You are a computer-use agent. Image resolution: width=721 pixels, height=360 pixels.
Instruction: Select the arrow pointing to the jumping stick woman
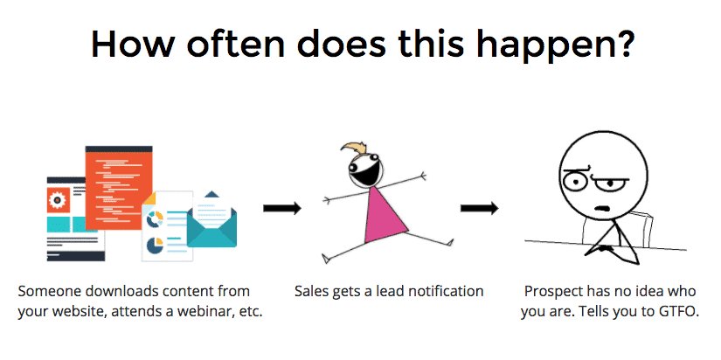(282, 208)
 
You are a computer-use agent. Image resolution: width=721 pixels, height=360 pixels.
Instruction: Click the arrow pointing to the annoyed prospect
(479, 208)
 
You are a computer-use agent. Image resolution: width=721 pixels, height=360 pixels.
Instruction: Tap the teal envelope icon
(211, 221)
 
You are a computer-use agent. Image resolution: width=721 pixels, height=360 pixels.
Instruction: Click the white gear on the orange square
(58, 200)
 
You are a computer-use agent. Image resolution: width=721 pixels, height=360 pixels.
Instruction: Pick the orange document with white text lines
(119, 188)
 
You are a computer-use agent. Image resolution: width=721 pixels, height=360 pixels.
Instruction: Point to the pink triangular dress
(385, 215)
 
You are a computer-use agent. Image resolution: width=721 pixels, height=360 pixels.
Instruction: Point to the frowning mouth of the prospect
(602, 209)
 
